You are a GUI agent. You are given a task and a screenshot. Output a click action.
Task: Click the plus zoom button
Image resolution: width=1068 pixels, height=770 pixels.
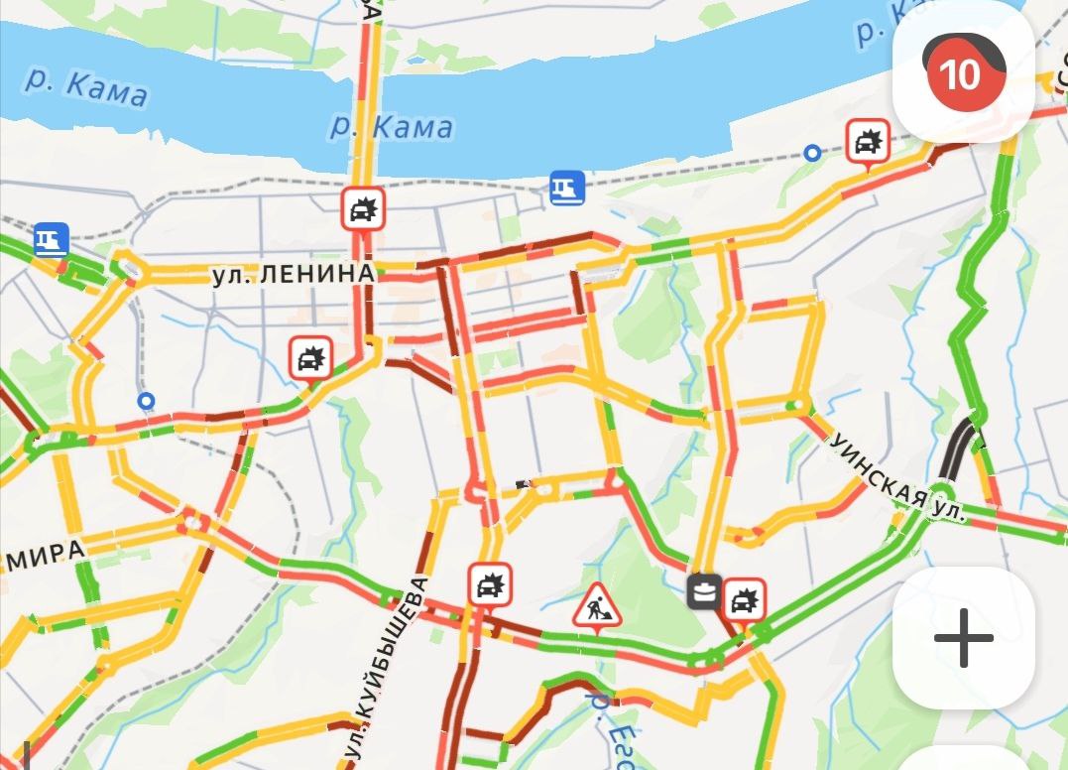pyautogui.click(x=963, y=637)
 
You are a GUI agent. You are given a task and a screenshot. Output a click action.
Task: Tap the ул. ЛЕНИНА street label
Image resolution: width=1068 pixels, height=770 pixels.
pyautogui.click(x=294, y=275)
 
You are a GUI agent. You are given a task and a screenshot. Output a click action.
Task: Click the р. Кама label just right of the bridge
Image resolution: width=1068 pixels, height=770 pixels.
pyautogui.click(x=392, y=126)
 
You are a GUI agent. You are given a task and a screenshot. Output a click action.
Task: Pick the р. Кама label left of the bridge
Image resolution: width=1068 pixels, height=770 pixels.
pyautogui.click(x=86, y=87)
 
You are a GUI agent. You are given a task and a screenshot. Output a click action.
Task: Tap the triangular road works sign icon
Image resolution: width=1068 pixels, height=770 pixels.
pyautogui.click(x=597, y=606)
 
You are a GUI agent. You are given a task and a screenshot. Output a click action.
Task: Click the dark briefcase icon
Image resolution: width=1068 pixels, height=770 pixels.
pyautogui.click(x=705, y=592)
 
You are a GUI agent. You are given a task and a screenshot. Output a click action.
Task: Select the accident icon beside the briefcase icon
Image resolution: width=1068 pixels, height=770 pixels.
pyautogui.click(x=743, y=599)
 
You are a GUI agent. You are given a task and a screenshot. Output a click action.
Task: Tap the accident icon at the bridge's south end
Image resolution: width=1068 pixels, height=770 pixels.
pyautogui.click(x=363, y=209)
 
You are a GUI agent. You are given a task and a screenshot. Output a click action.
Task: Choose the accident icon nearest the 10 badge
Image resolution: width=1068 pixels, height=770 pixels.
pyautogui.click(x=869, y=143)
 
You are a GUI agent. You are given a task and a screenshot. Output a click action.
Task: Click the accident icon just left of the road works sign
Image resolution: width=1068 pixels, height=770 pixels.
pyautogui.click(x=489, y=584)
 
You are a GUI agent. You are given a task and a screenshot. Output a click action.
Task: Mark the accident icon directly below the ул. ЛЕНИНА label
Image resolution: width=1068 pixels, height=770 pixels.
pyautogui.click(x=310, y=357)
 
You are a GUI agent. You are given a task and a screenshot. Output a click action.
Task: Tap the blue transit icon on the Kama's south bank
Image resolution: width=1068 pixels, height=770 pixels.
pyautogui.click(x=567, y=187)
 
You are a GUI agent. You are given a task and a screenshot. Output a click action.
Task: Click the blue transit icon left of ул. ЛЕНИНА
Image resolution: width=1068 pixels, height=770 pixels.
pyautogui.click(x=51, y=239)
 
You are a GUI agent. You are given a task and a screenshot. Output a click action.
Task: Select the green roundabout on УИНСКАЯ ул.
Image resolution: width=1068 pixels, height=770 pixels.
pyautogui.click(x=939, y=492)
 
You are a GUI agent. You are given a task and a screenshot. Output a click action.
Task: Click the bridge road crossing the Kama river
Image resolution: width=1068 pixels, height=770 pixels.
pyautogui.click(x=369, y=109)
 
